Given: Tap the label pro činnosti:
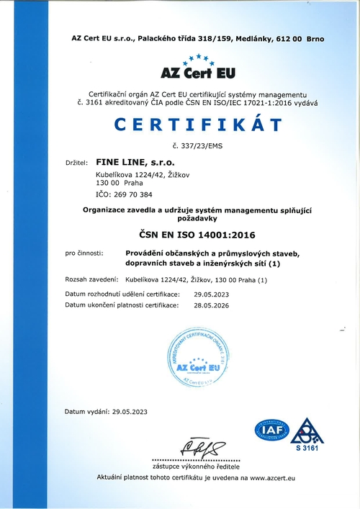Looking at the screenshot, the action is coord(84,253).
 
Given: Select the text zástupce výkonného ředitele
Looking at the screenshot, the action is coord(197,467).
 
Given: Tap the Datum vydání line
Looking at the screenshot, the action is coord(106,412).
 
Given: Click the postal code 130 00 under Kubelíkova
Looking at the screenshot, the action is coord(107,184).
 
